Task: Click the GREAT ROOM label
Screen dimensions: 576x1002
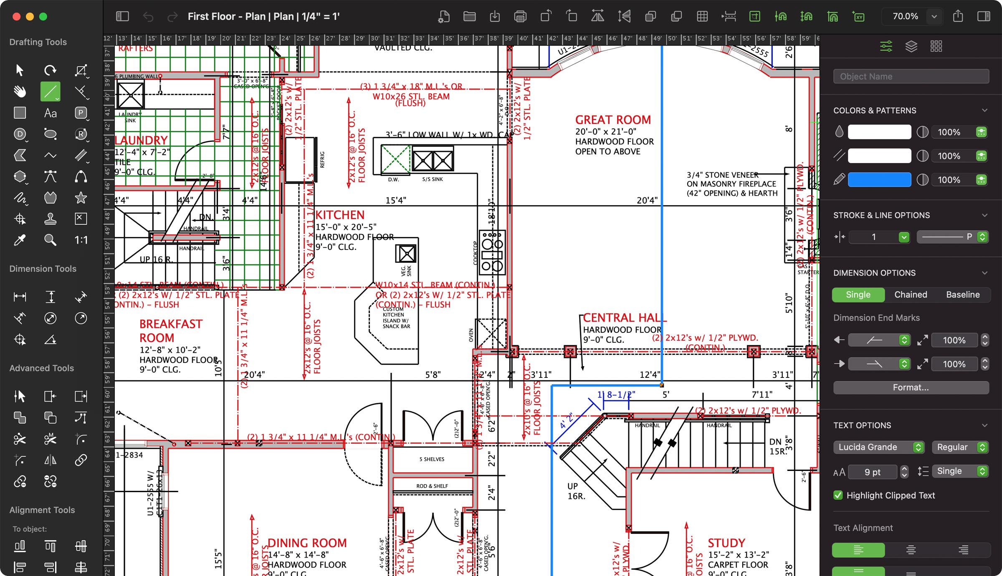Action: (613, 120)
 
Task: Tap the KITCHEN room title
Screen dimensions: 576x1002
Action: (339, 215)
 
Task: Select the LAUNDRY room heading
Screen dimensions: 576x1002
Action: (141, 140)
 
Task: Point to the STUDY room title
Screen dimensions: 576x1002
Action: (726, 543)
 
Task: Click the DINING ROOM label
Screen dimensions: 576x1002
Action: (307, 543)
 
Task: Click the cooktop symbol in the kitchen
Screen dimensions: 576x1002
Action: (492, 252)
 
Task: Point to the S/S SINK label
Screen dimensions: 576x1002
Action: (432, 179)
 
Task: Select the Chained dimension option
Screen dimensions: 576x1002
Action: (911, 294)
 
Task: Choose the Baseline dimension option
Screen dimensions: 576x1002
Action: (963, 294)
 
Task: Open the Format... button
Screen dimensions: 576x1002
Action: (911, 387)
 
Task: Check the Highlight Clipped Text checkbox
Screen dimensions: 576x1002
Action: (838, 495)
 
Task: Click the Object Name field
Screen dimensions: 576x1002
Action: (911, 76)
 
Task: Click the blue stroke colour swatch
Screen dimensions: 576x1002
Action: (879, 180)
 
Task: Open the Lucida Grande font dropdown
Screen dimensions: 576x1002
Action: (878, 447)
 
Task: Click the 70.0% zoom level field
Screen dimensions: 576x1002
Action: (905, 17)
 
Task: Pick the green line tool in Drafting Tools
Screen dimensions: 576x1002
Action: (50, 91)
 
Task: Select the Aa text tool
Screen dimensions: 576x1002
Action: (50, 113)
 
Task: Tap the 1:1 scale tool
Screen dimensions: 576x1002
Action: (81, 240)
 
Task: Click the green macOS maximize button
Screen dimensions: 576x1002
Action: (43, 17)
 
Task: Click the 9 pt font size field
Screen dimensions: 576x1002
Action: (872, 472)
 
